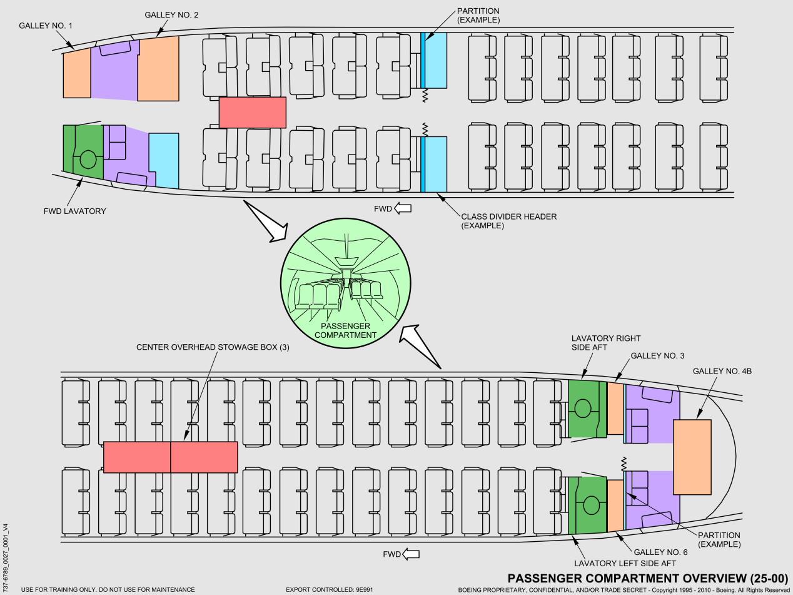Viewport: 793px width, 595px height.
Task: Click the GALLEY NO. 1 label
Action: [x=46, y=26]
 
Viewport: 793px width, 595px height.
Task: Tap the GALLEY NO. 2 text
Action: [x=171, y=15]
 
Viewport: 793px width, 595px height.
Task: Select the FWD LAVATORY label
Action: [x=75, y=211]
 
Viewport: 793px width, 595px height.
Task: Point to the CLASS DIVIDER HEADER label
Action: [x=508, y=216]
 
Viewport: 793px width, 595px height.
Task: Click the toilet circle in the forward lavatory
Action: [x=88, y=160]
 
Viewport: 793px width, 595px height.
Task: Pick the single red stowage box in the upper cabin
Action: [x=253, y=113]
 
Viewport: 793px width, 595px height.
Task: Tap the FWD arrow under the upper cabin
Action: [x=403, y=208]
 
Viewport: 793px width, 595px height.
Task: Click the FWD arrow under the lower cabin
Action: [x=411, y=554]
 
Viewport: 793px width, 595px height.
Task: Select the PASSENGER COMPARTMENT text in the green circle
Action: [x=345, y=330]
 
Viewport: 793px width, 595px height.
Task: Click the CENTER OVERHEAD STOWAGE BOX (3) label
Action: [x=213, y=347]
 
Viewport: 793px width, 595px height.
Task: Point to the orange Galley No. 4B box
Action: [x=692, y=457]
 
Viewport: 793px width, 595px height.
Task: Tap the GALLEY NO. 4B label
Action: [x=722, y=371]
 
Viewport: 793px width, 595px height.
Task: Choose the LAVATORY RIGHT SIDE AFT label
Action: [x=606, y=343]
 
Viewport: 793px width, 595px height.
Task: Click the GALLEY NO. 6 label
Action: [x=661, y=552]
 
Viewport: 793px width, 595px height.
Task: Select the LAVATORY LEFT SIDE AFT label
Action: [x=625, y=563]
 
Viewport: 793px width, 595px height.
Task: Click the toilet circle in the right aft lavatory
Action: [x=582, y=409]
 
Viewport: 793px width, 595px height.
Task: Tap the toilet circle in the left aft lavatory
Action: [x=592, y=505]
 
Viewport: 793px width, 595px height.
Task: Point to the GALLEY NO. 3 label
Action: [x=657, y=356]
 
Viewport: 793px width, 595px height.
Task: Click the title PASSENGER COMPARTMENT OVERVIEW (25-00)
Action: [x=648, y=578]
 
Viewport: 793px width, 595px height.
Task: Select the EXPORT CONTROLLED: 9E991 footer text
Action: [x=330, y=589]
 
